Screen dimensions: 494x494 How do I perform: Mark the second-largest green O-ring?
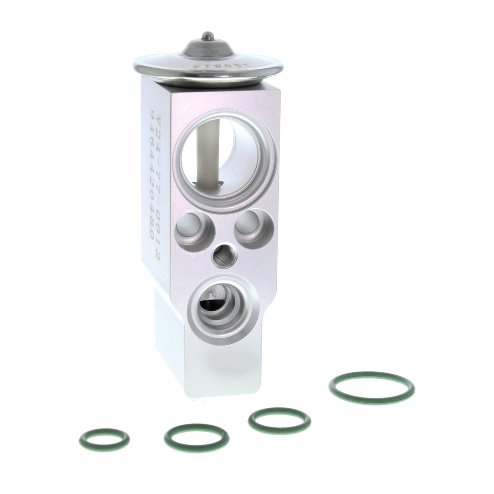(x=280, y=418)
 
